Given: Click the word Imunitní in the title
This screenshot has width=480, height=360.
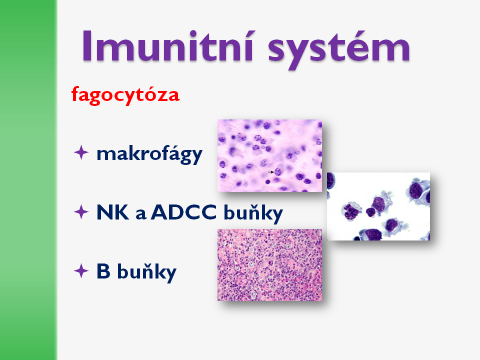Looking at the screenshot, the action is [x=167, y=46].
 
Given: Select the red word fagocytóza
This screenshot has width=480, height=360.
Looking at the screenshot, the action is [x=125, y=95].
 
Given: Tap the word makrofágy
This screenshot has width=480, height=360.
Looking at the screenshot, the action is [x=149, y=153].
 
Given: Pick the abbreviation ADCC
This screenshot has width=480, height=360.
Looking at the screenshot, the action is [x=183, y=212].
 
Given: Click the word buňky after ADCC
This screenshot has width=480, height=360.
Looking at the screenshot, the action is [x=253, y=213].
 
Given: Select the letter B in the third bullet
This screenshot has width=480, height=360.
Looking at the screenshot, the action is [x=103, y=271].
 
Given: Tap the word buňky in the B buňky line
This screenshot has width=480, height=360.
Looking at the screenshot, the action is [x=147, y=272].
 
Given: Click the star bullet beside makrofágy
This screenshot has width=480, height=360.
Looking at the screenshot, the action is [x=81, y=152].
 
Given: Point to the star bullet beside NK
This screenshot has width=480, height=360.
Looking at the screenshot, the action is [x=81, y=212].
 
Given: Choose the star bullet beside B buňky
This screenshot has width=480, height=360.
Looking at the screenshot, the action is [x=81, y=271].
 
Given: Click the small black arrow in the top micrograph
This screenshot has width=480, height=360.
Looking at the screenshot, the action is [x=271, y=172].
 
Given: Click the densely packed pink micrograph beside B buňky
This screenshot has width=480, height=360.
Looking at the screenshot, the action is [x=269, y=265].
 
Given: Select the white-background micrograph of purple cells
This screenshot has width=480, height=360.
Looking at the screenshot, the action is [x=378, y=206].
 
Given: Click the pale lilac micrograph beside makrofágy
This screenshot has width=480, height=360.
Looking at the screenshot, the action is [x=269, y=155].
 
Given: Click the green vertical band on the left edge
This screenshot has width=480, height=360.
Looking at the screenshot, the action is [x=28, y=180].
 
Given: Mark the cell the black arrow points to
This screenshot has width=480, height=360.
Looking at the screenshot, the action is [x=278, y=171].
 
